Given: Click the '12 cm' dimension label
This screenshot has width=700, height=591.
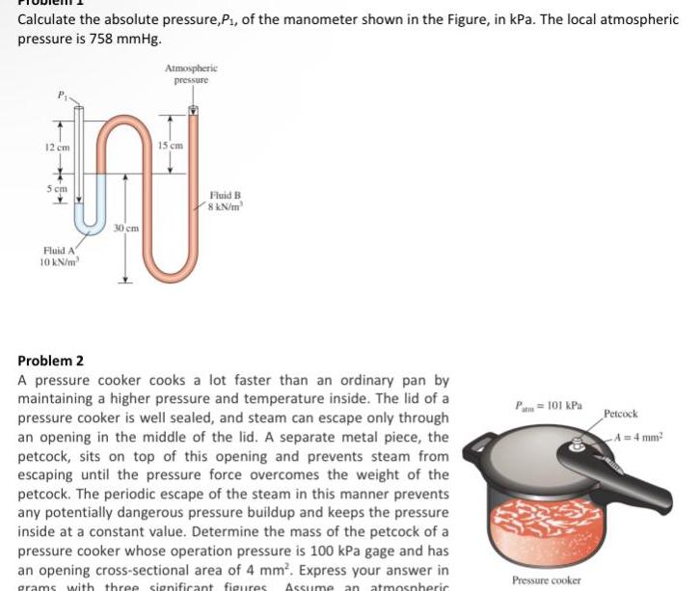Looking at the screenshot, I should [x=56, y=146].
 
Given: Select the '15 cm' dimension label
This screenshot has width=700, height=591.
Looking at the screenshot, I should [x=172, y=145].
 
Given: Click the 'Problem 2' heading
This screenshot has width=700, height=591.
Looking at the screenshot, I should [x=51, y=361].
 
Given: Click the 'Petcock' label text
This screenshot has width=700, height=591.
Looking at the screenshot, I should [x=622, y=414].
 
